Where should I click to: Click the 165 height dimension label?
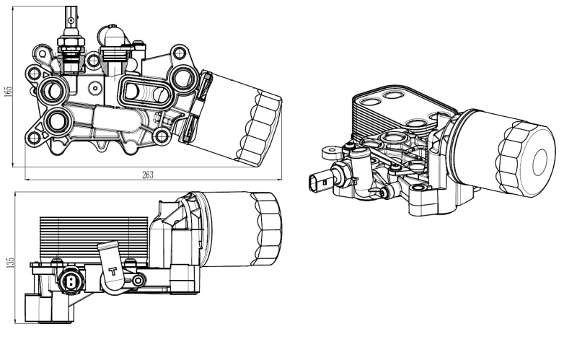[8, 94]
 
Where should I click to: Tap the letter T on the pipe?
[112, 272]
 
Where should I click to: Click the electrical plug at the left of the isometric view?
[317, 181]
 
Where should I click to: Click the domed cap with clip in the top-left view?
[113, 36]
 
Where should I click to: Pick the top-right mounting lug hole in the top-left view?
[177, 53]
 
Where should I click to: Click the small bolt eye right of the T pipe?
[138, 278]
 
